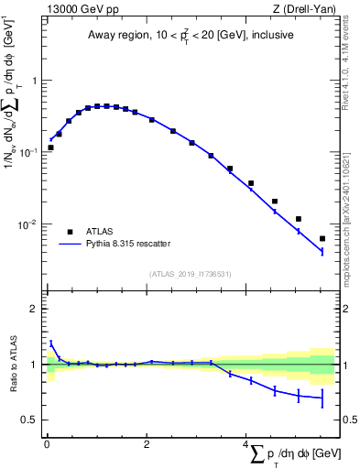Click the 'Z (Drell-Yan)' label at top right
tap(303, 9)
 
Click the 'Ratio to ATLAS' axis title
tap(12, 365)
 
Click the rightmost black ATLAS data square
tap(322, 239)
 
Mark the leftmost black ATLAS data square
tap(51, 147)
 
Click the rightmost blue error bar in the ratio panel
tap(322, 398)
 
